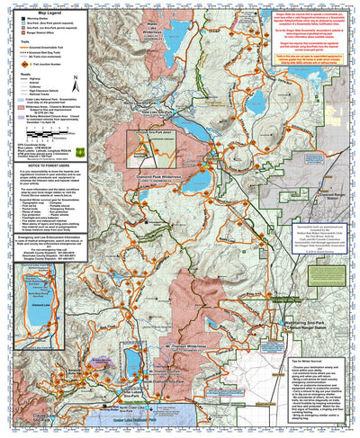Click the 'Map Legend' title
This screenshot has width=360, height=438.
pyautogui.click(x=40, y=7)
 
